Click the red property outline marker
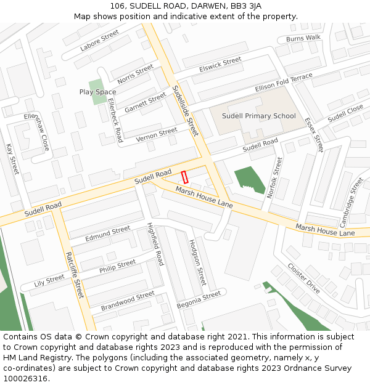pyautogui.click(x=185, y=177)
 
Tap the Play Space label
pyautogui.click(x=97, y=92)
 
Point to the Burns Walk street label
pyautogui.click(x=303, y=38)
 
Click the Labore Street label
pyautogui.click(x=99, y=41)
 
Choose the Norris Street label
pyautogui.click(x=135, y=74)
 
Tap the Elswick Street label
pyautogui.click(x=220, y=65)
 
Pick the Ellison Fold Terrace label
pyautogui.click(x=284, y=83)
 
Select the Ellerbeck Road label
pyautogui.click(x=115, y=120)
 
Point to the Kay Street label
pyautogui.click(x=12, y=158)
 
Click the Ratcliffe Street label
pyautogui.click(x=75, y=275)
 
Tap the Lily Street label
pyautogui.click(x=49, y=280)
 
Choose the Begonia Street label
pyautogui.click(x=199, y=299)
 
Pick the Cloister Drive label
pyautogui.click(x=303, y=278)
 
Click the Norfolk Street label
pyautogui.click(x=274, y=177)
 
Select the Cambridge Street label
pyautogui.click(x=351, y=202)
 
